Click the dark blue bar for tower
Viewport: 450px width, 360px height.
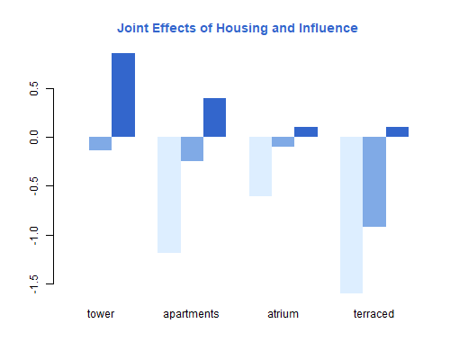point(123,94)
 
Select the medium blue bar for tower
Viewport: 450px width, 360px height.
point(101,143)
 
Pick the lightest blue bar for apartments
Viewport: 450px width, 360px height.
point(169,194)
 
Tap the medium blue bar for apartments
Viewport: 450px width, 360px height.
point(192,148)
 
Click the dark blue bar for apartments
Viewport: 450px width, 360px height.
point(214,117)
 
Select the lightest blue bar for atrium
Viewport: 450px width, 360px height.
point(260,166)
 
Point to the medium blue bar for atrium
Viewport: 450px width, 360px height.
point(283,141)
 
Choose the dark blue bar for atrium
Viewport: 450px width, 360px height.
point(306,131)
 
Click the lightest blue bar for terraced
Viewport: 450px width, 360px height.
point(351,215)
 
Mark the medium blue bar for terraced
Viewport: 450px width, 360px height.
point(374,182)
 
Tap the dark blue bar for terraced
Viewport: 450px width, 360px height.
point(397,131)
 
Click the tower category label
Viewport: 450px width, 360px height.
point(101,314)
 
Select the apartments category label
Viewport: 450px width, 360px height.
point(191,315)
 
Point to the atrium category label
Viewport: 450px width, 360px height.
point(283,314)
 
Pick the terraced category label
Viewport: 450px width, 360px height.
point(373,314)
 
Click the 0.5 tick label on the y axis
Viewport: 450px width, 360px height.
point(34,88)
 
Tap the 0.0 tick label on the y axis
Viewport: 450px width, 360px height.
point(34,137)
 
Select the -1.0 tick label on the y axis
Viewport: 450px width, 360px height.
point(34,236)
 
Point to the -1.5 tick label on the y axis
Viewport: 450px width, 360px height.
point(34,284)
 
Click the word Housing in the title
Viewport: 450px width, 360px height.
point(242,29)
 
